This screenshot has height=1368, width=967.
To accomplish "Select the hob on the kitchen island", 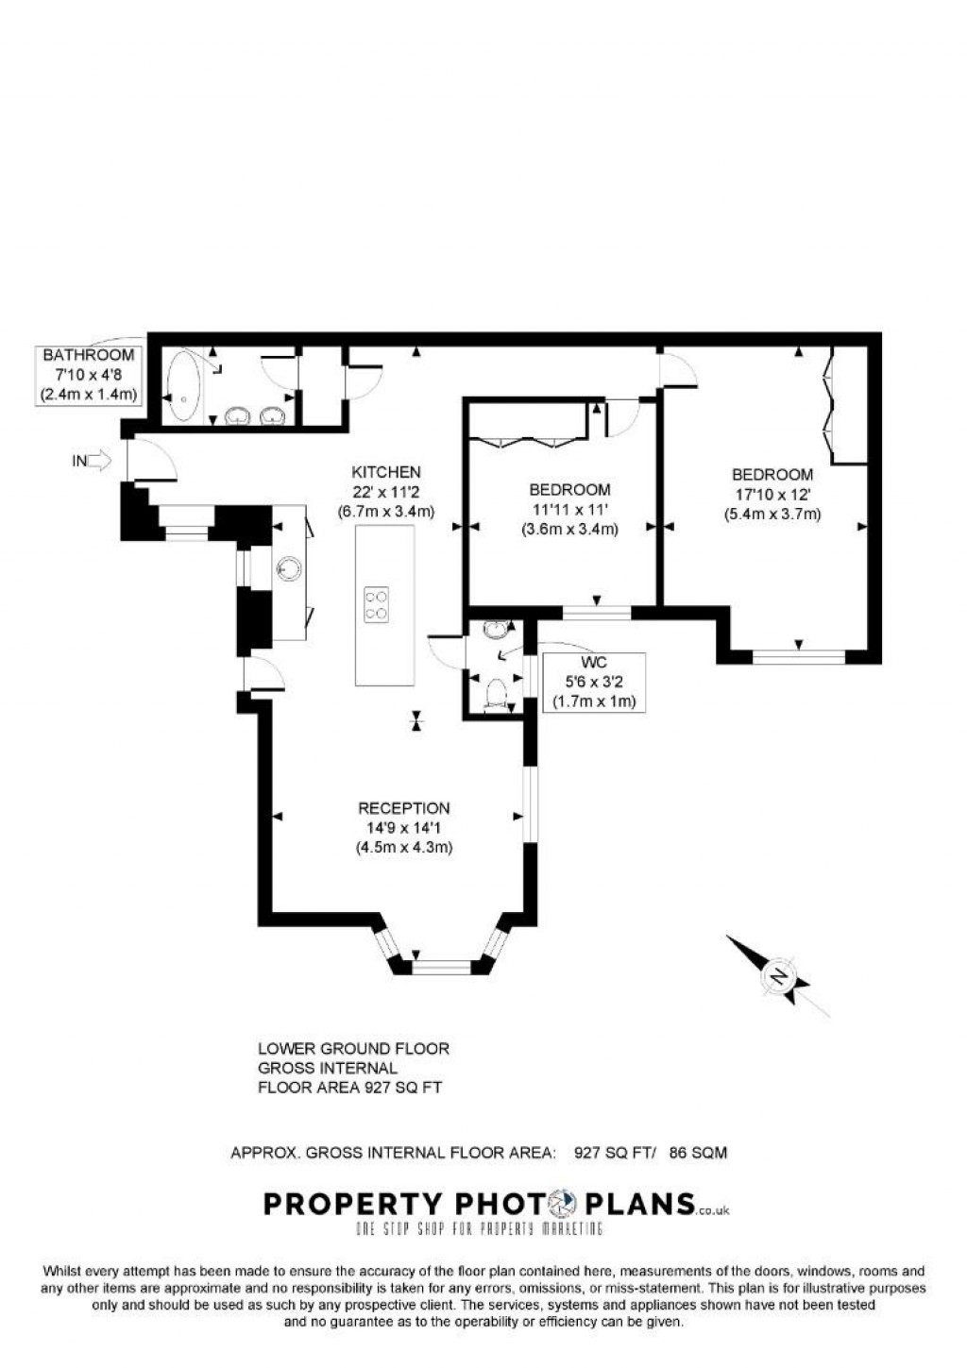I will [377, 604].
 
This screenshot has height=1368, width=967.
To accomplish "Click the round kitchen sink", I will [290, 567].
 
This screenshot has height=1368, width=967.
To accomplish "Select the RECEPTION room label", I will [403, 808].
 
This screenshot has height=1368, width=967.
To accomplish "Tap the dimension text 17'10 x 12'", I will [772, 494].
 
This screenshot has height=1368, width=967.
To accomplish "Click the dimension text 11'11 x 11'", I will [569, 510].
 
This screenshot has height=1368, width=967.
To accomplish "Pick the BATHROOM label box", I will [89, 375].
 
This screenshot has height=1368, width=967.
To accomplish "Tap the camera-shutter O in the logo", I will [564, 1204].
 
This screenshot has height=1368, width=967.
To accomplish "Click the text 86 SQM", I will [698, 1153].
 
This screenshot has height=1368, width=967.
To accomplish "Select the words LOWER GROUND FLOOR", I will [353, 1049].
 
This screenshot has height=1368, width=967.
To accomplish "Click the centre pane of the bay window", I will [441, 967].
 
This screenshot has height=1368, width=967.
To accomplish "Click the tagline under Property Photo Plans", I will [478, 1228].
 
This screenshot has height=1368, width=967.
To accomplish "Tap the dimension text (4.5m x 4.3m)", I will [403, 848].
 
